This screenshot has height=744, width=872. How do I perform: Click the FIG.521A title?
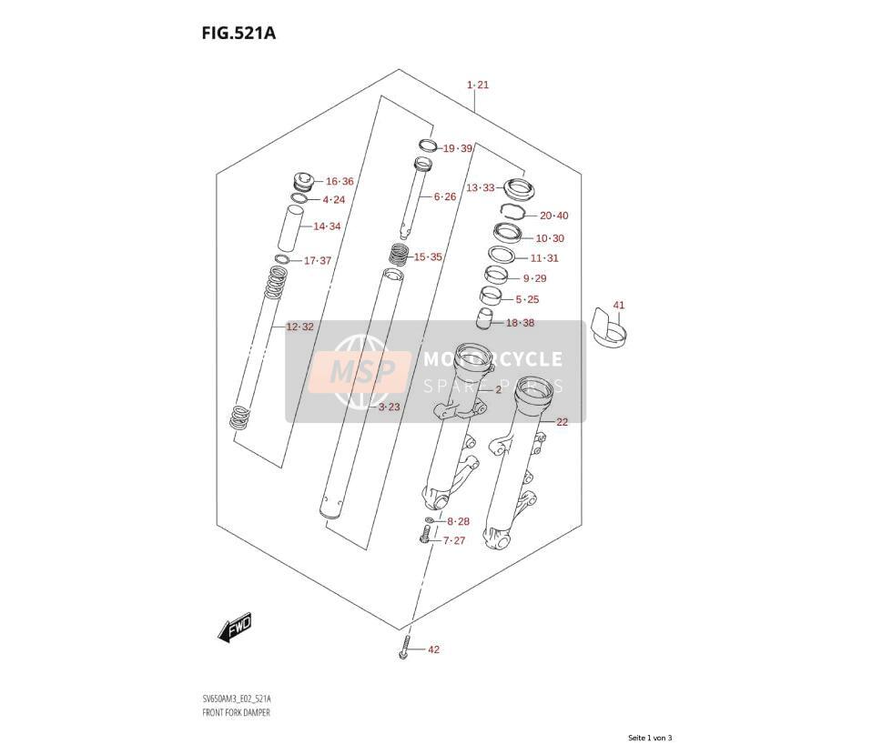click(x=238, y=34)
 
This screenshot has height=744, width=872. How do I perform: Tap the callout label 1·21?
click(x=478, y=85)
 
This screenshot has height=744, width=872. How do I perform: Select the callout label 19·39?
click(x=458, y=148)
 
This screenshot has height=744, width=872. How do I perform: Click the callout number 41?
click(x=618, y=305)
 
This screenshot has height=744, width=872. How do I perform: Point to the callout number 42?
click(x=433, y=649)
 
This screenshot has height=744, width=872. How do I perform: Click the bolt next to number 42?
click(x=404, y=648)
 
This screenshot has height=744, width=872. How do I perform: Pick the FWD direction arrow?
click(x=235, y=628)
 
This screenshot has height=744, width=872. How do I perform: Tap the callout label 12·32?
click(x=299, y=327)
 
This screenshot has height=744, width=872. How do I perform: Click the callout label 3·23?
click(x=390, y=407)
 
